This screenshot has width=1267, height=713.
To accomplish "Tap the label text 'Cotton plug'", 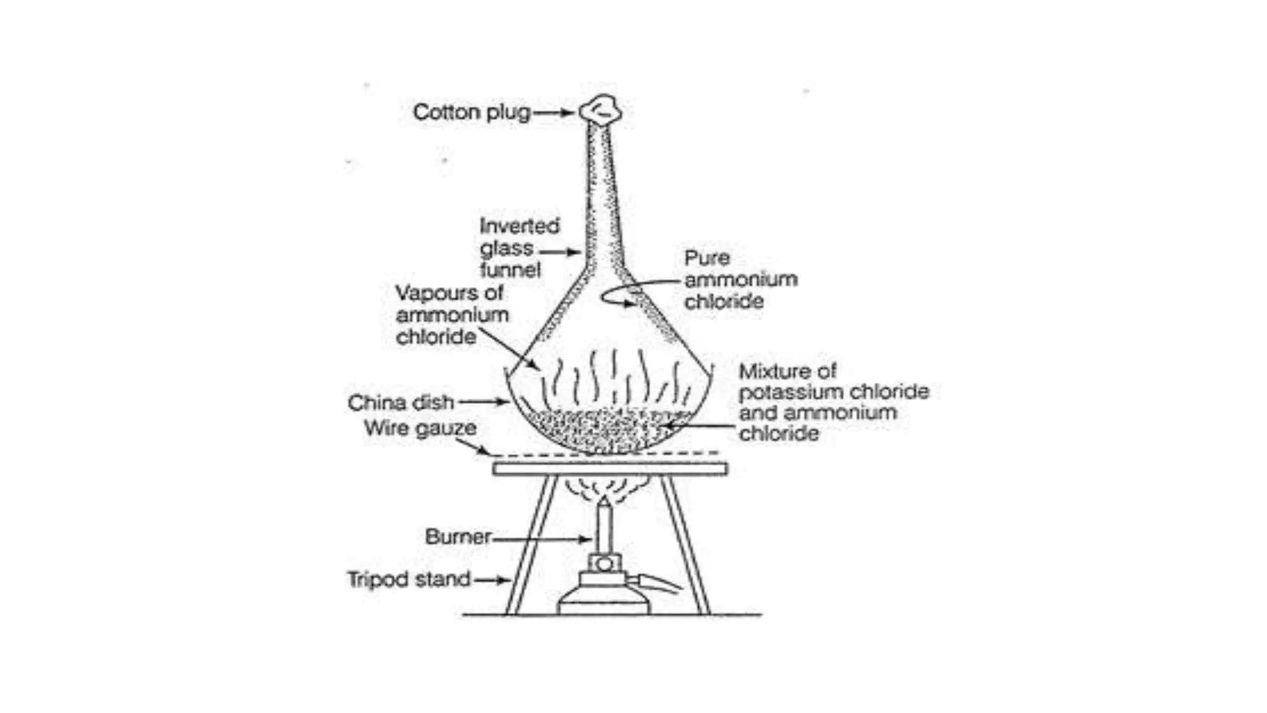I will (471, 113).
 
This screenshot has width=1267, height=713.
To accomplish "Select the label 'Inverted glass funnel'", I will (518, 248).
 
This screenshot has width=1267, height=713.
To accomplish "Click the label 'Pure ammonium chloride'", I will (740, 280).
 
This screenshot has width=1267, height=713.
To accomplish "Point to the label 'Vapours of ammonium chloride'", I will (452, 314).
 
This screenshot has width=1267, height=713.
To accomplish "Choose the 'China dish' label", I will (401, 403).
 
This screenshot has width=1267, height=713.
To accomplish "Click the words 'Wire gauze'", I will (420, 428).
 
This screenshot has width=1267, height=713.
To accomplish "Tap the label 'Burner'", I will (458, 537).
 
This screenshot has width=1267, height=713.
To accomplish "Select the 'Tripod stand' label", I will (409, 580).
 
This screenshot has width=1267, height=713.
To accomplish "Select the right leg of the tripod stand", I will (685, 545).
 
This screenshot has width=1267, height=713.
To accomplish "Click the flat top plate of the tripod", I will (610, 469).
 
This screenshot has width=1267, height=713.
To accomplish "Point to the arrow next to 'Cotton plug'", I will (554, 113).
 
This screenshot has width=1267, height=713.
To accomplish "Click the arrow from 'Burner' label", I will (541, 539).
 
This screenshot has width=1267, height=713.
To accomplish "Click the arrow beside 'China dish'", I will (484, 402).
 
